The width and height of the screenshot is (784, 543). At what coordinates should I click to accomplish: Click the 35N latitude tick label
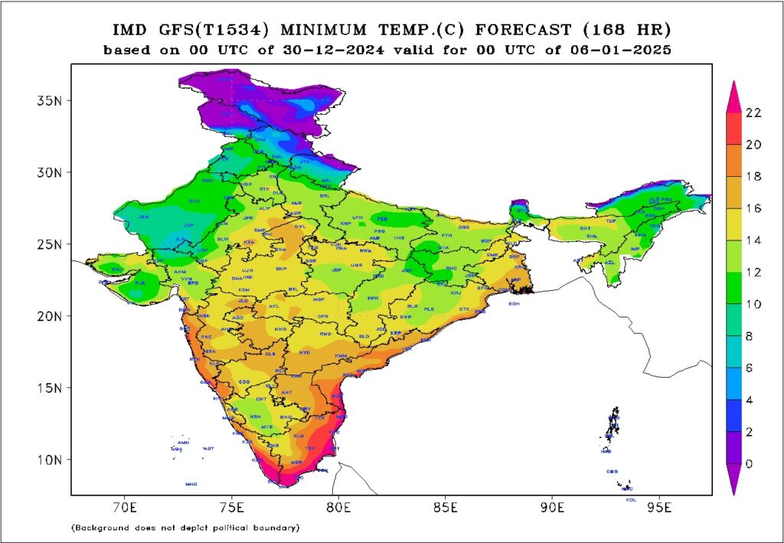[x=52, y=100]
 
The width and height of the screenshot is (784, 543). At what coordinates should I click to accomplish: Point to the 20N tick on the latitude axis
[x=52, y=316]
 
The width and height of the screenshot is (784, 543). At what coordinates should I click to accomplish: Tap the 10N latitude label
[x=52, y=460]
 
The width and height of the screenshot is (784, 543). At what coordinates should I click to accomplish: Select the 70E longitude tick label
[x=124, y=507]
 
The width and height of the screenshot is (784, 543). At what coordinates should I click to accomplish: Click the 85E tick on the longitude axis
[x=445, y=507]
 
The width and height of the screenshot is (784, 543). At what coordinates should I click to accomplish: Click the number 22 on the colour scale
[x=753, y=112]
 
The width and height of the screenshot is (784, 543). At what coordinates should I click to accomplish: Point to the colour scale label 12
[x=753, y=272]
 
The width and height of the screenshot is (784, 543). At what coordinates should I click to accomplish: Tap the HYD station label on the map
[x=305, y=353]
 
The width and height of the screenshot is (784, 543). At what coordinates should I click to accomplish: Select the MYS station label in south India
[x=267, y=427]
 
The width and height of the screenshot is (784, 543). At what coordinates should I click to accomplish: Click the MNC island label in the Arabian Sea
[x=191, y=484]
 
